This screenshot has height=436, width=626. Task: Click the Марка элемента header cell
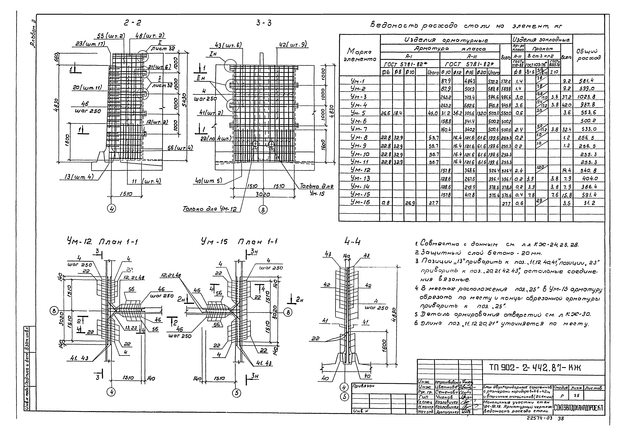359,55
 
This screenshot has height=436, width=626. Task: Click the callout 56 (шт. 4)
180,148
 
